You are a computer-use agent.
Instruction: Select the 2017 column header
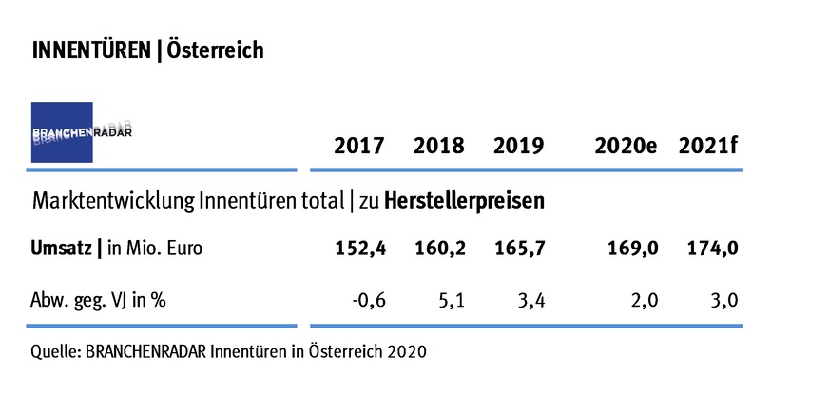(x=359, y=147)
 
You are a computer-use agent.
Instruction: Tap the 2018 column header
(x=439, y=147)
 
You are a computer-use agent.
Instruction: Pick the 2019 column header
(x=518, y=147)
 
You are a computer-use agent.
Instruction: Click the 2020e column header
(x=626, y=147)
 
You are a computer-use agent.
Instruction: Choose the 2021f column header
(x=708, y=147)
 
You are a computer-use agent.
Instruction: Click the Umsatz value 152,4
(x=359, y=249)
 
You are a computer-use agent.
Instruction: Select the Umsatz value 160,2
(x=439, y=249)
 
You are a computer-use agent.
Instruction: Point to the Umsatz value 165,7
(x=518, y=249)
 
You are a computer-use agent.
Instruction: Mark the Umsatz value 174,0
(x=712, y=249)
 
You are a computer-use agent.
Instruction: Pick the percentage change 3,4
(x=530, y=302)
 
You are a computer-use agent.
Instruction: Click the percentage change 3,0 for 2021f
(x=723, y=302)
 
